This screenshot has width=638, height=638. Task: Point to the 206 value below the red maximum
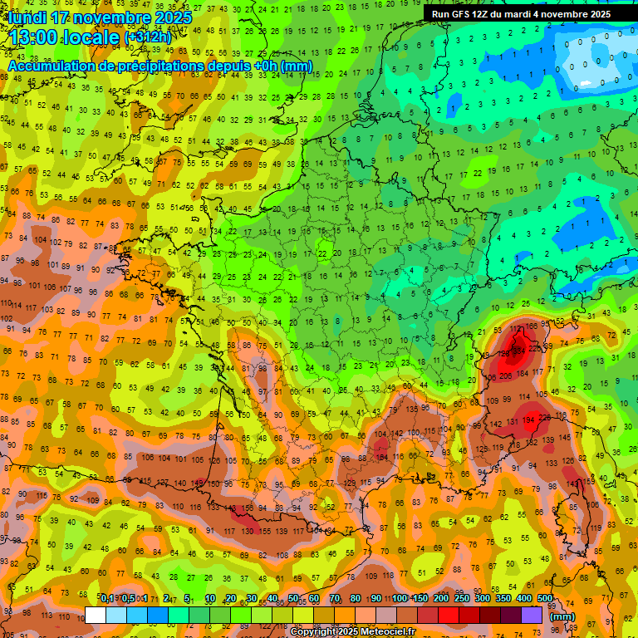point(507,376)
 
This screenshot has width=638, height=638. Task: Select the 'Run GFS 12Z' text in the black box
point(463,14)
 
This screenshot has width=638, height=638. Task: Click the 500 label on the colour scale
point(545,598)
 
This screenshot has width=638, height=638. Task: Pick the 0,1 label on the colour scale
point(107,598)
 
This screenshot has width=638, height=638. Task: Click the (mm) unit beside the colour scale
point(563,616)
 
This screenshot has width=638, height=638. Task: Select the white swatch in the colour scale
point(96,616)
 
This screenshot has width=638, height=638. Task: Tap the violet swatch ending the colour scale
point(532,616)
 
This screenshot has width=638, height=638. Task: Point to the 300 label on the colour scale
point(483,598)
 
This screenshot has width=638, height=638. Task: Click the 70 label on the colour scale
point(334,598)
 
